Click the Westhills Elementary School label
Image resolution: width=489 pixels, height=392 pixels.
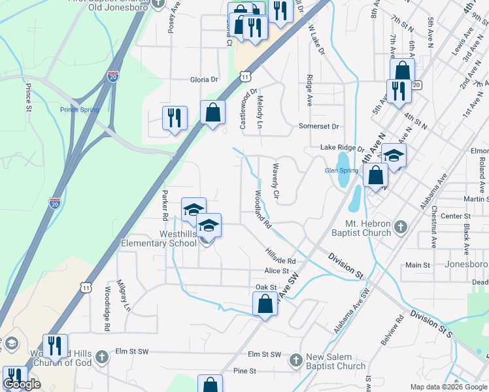pyautogui.click(x=159, y=238)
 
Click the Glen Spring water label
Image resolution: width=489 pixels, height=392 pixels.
pyautogui.click(x=341, y=171)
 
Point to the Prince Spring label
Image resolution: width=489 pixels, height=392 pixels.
pyautogui.click(x=79, y=110)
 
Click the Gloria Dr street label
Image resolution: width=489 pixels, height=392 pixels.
pyautogui.click(x=203, y=80)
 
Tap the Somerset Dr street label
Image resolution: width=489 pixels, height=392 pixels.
pyautogui.click(x=319, y=126)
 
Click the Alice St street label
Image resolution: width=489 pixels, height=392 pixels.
pyautogui.click(x=277, y=270)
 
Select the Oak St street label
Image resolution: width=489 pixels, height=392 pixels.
pyautogui.click(x=266, y=287)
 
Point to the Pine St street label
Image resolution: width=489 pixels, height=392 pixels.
pyautogui.click(x=244, y=371)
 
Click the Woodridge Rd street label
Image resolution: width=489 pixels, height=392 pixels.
pyautogui.click(x=107, y=307)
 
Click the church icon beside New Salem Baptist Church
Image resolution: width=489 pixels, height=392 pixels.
pyautogui.click(x=295, y=360)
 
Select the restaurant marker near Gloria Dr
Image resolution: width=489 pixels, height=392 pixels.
pyautogui.click(x=175, y=118)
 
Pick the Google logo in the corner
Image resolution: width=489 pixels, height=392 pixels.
pyautogui.click(x=22, y=384)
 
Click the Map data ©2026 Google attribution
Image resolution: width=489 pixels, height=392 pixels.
pyautogui.click(x=449, y=387)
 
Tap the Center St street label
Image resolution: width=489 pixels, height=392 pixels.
pyautogui.click(x=456, y=216)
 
